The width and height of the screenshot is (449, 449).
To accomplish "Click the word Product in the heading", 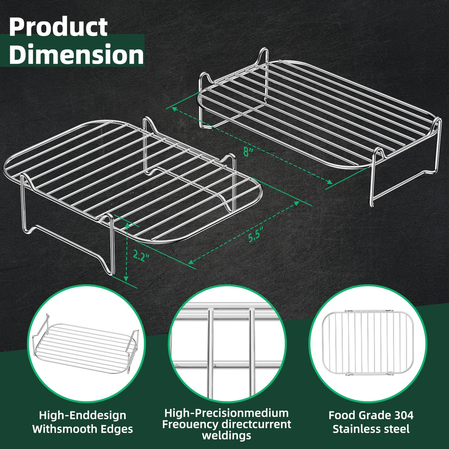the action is tap(58, 27).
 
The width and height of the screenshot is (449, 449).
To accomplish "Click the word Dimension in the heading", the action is tap(76, 54).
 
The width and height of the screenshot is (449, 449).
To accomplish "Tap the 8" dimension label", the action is tap(248, 152).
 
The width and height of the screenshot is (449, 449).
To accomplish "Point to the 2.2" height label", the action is tap(141, 256).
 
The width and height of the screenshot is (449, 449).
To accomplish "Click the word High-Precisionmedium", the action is tap(226, 413).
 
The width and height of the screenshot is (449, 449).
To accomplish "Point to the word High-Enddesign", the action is tap(82, 415).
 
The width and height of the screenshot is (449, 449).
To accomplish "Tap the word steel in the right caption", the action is tap(398, 429).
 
